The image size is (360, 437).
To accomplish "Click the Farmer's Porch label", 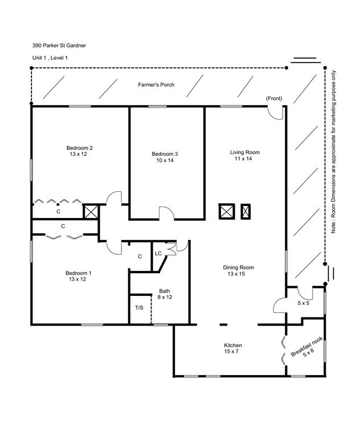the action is [x=156, y=85].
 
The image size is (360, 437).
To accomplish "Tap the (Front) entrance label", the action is [x=274, y=98].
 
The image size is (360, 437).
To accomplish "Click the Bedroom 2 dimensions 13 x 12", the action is [x=79, y=154].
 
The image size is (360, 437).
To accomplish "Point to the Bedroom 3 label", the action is [x=165, y=154].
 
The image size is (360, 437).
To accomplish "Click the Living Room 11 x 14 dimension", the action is [x=243, y=159].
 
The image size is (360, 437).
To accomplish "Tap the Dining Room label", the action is [x=238, y=267].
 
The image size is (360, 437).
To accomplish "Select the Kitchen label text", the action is [x=233, y=345].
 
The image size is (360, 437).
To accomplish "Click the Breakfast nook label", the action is [x=306, y=346].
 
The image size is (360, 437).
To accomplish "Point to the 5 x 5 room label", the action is [x=304, y=303].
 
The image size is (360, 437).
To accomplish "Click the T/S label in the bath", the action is [x=139, y=308].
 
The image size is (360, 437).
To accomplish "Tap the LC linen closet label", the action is [x=158, y=254].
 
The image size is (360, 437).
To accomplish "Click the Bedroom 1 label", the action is [x=79, y=273].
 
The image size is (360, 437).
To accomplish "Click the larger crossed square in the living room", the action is [x=227, y=212].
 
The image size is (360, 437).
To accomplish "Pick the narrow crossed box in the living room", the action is [x=246, y=212].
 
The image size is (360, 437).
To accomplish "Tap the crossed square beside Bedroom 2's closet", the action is [x=91, y=212].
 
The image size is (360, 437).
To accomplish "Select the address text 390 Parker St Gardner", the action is [x=59, y=46].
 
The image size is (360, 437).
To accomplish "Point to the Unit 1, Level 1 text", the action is [x=50, y=58].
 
